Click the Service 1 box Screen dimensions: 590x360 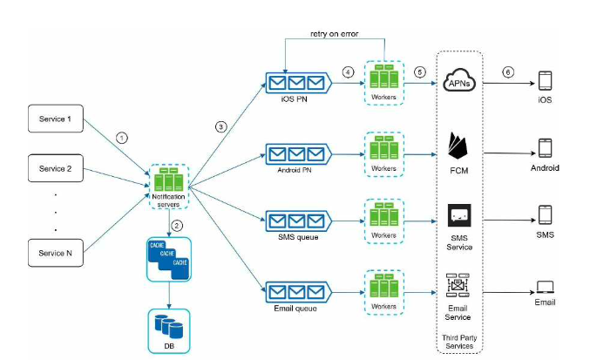(56, 119)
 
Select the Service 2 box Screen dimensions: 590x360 (56, 168)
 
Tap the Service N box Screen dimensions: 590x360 (56, 253)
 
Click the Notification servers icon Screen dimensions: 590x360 (169, 180)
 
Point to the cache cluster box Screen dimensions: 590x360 (169, 259)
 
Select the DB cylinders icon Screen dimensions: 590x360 (169, 326)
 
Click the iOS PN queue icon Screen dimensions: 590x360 (298, 83)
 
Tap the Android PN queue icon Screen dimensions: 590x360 (298, 154)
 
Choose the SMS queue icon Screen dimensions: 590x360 (298, 221)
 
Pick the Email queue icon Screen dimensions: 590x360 (298, 292)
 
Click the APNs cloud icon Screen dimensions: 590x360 (459, 79)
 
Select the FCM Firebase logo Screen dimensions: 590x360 (458, 146)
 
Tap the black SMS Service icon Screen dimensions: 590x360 (459, 215)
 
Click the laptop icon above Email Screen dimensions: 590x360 (545, 288)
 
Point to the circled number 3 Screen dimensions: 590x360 (220, 126)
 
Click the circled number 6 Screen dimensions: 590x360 (508, 71)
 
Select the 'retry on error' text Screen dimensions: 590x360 (335, 33)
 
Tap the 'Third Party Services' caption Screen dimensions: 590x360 (459, 342)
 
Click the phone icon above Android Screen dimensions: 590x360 (545, 148)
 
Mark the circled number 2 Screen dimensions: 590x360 (177, 226)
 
